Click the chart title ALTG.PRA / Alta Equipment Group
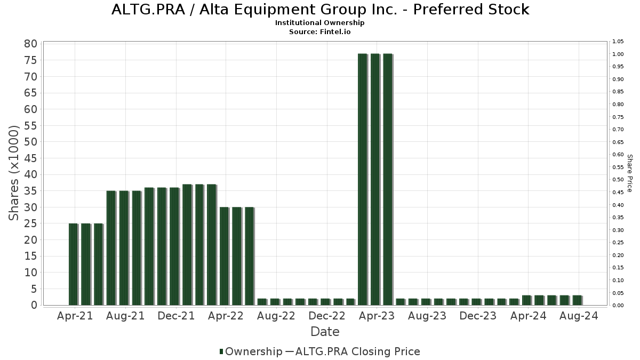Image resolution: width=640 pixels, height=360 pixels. coord(320,10)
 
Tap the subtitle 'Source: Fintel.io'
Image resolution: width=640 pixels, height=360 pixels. coord(320,31)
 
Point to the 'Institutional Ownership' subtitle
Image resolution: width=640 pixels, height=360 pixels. coord(320,23)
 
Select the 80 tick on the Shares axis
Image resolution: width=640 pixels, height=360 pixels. coord(30,44)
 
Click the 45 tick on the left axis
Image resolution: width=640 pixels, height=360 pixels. coord(30,158)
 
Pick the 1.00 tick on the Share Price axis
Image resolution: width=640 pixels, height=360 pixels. coord(618,54)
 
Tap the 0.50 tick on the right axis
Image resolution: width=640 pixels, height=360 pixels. coord(618,180)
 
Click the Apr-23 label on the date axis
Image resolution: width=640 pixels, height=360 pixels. coord(377,316)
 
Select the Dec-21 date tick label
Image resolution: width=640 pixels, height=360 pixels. coord(176,316)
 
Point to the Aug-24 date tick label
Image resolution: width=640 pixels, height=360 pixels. coord(578,316)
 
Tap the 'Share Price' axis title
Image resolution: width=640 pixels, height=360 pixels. coord(630,173)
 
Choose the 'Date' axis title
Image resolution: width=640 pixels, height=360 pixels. coord(325,332)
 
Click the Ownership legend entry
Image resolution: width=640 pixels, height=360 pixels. coord(251,351)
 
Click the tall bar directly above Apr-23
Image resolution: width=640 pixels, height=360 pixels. coord(375,179)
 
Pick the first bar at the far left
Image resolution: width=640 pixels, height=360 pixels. coord(73,264)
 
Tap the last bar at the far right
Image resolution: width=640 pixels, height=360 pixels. coord(577,300)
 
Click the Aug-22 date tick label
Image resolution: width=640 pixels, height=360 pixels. coord(276,316)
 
